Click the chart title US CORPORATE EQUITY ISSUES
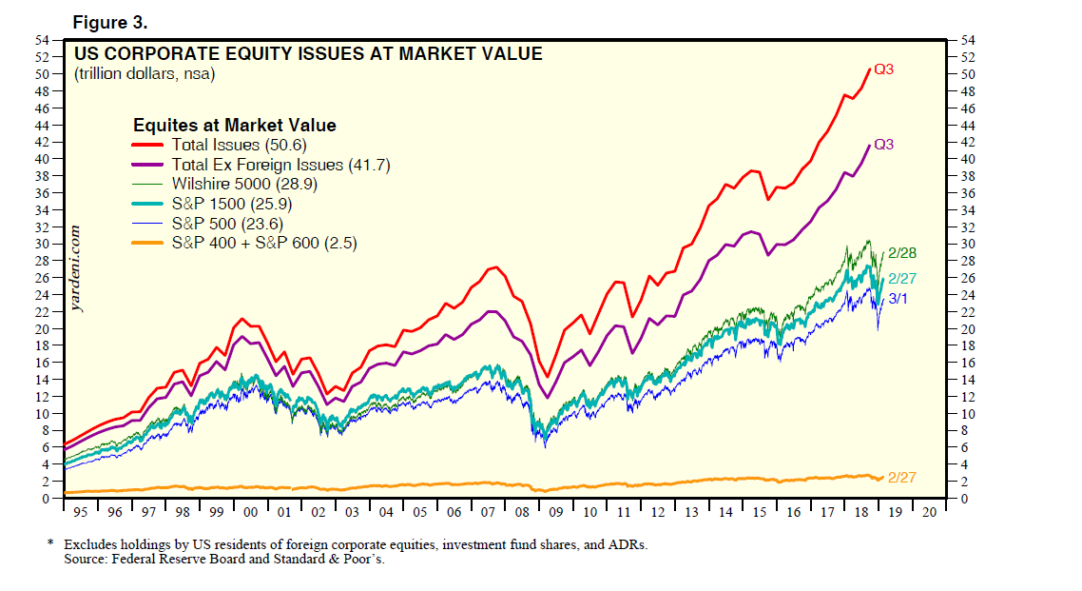(308, 54)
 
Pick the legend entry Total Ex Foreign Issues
(280, 165)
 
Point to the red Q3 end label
(883, 69)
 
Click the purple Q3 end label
(883, 145)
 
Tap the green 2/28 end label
(901, 253)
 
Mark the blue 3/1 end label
(898, 298)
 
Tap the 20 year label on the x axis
(929, 512)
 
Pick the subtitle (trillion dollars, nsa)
(145, 74)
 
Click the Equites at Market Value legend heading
(234, 125)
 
